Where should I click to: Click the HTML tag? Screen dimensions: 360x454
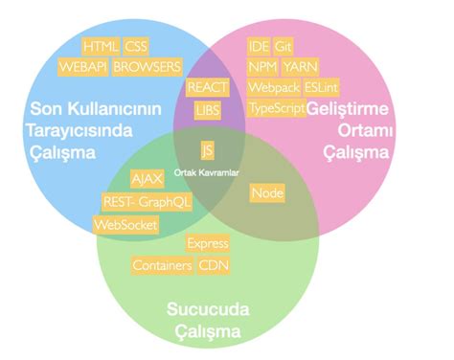(100, 46)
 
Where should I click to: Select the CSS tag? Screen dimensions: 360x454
(136, 46)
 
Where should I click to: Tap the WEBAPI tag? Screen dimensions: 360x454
(82, 67)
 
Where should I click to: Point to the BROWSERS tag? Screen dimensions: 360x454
(147, 67)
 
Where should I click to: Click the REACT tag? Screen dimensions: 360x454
(207, 87)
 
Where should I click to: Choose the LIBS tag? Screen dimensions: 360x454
(207, 110)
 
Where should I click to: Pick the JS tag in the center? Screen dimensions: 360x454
(207, 151)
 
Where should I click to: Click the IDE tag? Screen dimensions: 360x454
(259, 46)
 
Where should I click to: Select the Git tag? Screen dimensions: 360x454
(284, 46)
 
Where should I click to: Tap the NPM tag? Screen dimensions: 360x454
(261, 66)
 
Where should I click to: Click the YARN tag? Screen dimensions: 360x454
(299, 66)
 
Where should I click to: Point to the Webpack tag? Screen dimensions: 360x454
(273, 87)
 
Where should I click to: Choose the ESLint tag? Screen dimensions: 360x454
(320, 87)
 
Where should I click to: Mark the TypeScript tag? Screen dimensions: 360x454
(276, 108)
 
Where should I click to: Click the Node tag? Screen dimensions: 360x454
(267, 193)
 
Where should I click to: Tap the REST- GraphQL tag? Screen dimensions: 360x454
(146, 202)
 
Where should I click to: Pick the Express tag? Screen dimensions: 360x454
(207, 243)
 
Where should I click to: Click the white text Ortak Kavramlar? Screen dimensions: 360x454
(207, 172)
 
